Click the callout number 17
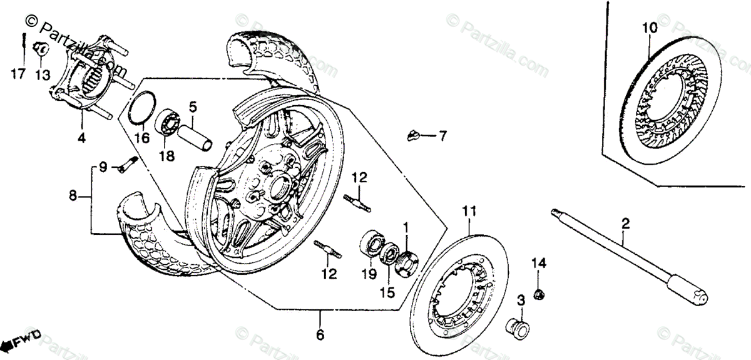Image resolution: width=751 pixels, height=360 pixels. coord(18,75)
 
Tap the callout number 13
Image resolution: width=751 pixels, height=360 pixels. coord(42,75)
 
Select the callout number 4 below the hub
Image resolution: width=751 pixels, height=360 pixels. coord(82,136)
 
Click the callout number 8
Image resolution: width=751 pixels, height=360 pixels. coord(73,196)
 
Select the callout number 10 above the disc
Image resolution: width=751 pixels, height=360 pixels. coord(650,28)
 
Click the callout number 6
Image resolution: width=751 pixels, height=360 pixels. coord(320,335)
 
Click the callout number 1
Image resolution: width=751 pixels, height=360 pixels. coord(405,225)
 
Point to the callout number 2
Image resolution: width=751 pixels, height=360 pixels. coord(625,222)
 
